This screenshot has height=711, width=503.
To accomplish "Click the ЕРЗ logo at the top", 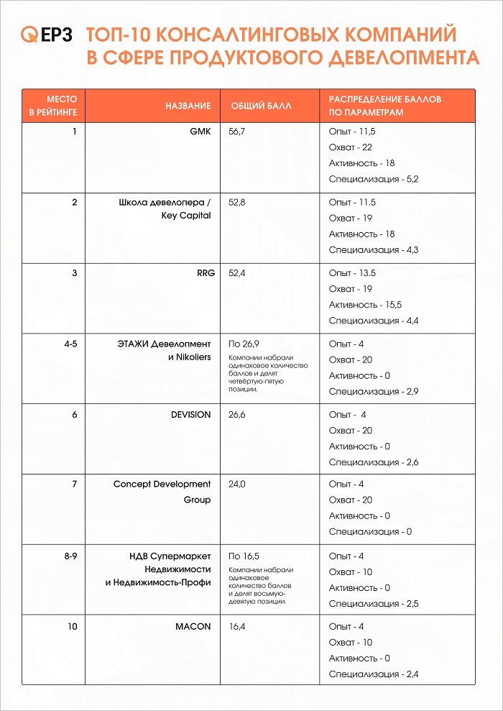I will [47, 35].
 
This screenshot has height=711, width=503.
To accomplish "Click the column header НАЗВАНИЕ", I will [188, 106].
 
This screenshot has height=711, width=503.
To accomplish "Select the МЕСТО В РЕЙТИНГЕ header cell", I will [54, 106].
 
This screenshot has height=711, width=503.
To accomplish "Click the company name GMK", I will [200, 132].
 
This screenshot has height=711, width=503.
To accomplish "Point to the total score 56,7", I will [237, 132].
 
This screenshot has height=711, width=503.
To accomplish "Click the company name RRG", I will [201, 273].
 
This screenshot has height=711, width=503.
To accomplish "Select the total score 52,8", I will [237, 203].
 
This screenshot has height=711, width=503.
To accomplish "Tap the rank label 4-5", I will [70, 344].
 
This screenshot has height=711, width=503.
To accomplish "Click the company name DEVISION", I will [191, 414].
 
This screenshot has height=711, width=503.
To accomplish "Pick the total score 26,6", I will [237, 414].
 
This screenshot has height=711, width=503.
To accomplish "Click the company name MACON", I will [193, 626].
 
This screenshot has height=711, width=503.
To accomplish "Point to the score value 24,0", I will [237, 485].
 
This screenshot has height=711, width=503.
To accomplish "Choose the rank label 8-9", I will [70, 556].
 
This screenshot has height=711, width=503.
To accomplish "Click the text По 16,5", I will [244, 556].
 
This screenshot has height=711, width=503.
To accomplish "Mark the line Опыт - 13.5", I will [352, 273].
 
